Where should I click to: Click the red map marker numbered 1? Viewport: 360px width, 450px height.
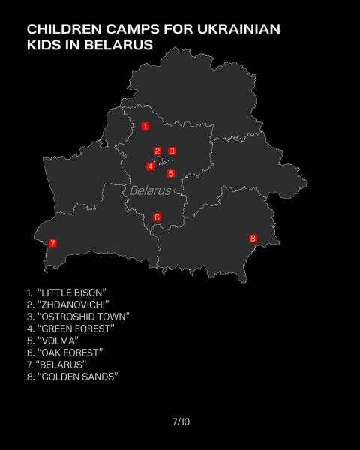tap(145, 126)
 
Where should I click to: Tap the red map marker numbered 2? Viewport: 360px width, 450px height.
tap(157, 151)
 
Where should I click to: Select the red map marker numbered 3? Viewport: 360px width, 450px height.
tap(172, 151)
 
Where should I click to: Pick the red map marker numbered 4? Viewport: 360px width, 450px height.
tap(151, 166)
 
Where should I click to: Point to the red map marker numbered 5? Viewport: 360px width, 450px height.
tap(171, 173)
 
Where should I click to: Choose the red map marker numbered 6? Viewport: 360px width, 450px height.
tap(157, 217)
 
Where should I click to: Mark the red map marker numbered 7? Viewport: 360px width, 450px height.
tap(52, 243)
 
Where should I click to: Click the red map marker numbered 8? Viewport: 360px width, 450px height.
tap(253, 238)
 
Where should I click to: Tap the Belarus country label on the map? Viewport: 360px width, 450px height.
tap(150, 190)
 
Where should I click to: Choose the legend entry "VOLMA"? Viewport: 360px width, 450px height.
tap(52, 340)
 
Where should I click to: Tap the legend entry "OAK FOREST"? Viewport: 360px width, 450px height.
tap(64, 352)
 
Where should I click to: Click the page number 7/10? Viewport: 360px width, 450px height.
tap(181, 421)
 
